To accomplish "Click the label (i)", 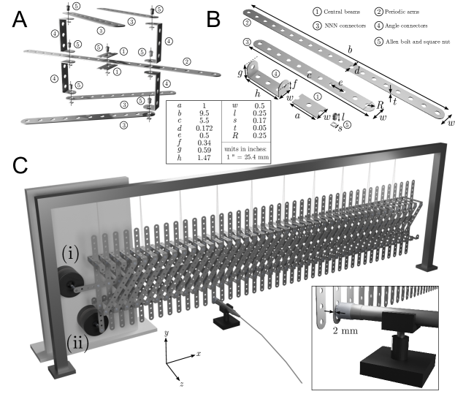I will pos(70,254).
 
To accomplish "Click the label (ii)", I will pos(77,342).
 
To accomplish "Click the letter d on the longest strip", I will pos(356,71).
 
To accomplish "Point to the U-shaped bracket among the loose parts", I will pos(266,77).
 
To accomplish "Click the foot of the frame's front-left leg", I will pos(58,371).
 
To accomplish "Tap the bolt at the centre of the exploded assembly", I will pos(107,61).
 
